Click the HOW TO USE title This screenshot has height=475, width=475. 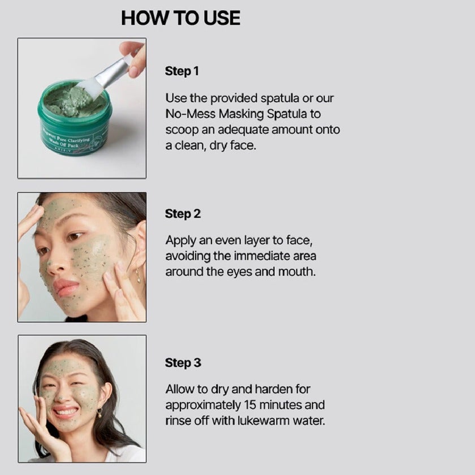pyautogui.click(x=180, y=18)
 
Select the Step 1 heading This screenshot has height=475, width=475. pyautogui.click(x=182, y=71)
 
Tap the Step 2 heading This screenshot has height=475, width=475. pyautogui.click(x=183, y=214)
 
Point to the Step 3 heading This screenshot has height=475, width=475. pyautogui.click(x=183, y=362)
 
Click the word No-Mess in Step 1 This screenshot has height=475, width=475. pyautogui.click(x=189, y=114)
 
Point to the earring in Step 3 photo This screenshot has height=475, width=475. pyautogui.click(x=99, y=413)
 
